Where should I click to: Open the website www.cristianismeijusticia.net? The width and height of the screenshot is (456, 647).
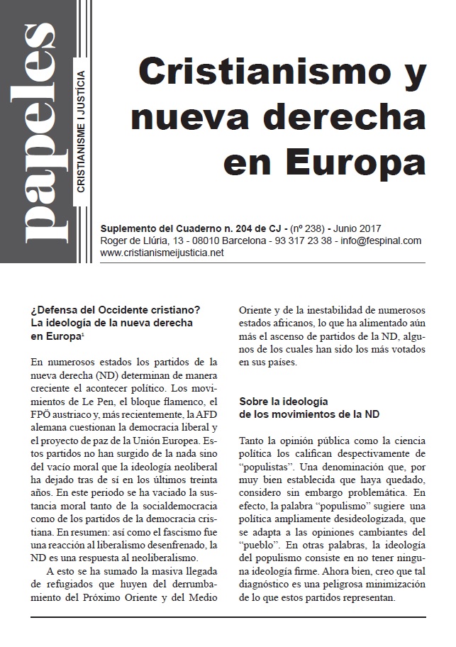click(162, 253)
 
